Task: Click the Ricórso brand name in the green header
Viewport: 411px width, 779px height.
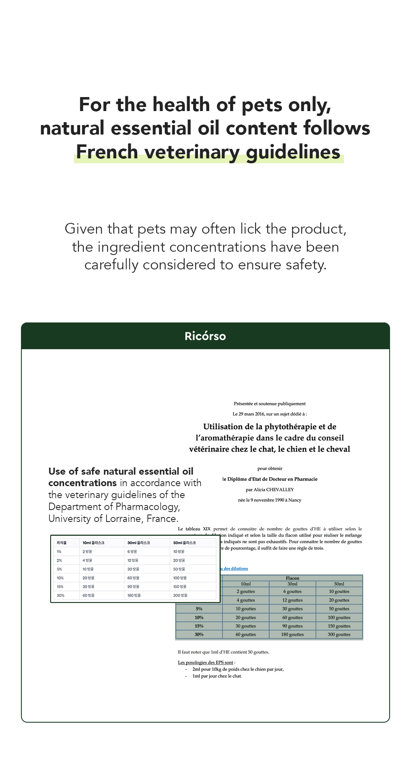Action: [205, 336]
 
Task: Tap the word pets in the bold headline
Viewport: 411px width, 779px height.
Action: [262, 105]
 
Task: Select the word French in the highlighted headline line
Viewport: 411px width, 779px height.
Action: [106, 152]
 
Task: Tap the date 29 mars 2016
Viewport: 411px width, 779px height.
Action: [252, 414]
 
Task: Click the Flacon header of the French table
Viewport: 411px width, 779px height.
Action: [292, 578]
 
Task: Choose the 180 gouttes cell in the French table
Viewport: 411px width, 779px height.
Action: [292, 634]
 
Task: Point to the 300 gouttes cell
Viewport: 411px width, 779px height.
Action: [339, 634]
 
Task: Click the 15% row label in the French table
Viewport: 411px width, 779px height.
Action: [199, 626]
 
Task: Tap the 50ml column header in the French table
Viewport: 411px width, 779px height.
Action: [339, 584]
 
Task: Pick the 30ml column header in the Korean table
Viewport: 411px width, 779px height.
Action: [139, 543]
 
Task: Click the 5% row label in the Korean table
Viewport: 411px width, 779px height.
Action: [60, 569]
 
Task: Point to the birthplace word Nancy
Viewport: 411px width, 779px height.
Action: [295, 500]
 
